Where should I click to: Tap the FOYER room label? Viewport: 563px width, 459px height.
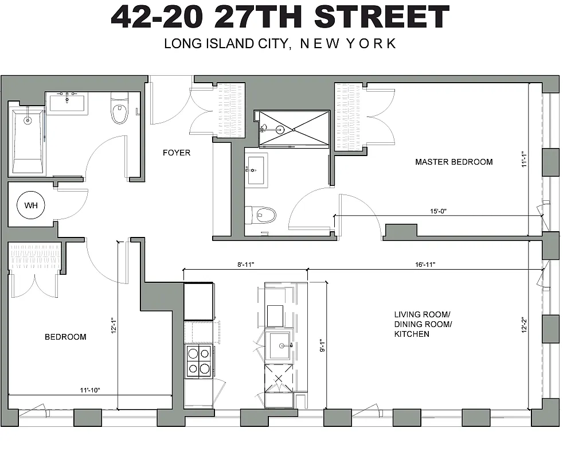point(177,153)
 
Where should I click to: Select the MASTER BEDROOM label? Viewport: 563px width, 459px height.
point(453,162)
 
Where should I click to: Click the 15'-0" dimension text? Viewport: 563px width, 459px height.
point(437,211)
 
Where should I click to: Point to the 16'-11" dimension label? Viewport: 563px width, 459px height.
point(425,264)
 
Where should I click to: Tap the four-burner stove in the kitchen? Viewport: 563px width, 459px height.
point(198,361)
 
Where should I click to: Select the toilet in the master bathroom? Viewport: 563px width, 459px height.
point(262,215)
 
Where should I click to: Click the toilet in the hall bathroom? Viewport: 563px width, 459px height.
point(119,111)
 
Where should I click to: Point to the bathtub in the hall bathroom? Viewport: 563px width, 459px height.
point(27,141)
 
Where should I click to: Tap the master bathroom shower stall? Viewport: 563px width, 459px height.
point(294,130)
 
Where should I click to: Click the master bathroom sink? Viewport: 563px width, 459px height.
point(256,170)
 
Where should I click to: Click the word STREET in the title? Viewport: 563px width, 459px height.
point(382,17)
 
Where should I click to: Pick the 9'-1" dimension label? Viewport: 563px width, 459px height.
point(322,347)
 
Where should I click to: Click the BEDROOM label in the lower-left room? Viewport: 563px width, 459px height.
point(65,337)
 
